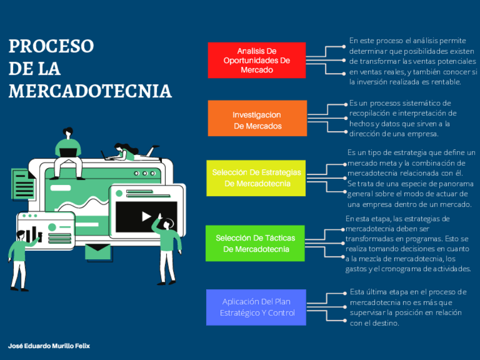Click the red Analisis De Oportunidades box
coord(256,60)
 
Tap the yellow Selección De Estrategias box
coord(257,178)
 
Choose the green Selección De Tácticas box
coord(256,243)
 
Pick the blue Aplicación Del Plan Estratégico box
coord(257,307)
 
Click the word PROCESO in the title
coord(51,46)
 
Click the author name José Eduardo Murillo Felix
coord(49,345)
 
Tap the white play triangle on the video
coord(146,216)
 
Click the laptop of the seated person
coord(68,152)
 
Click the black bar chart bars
coord(31,234)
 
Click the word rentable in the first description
coord(446,82)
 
